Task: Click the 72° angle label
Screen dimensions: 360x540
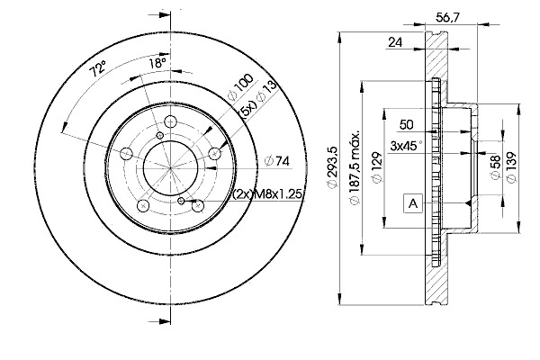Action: pos(98,67)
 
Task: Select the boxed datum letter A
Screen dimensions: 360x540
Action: pos(413,204)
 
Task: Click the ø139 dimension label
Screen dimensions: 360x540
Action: pos(512,166)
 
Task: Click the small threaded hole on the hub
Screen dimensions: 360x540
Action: pos(182,202)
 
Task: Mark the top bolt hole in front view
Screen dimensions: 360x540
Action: pos(169,125)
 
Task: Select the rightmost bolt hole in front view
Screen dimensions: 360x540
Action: pos(214,156)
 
